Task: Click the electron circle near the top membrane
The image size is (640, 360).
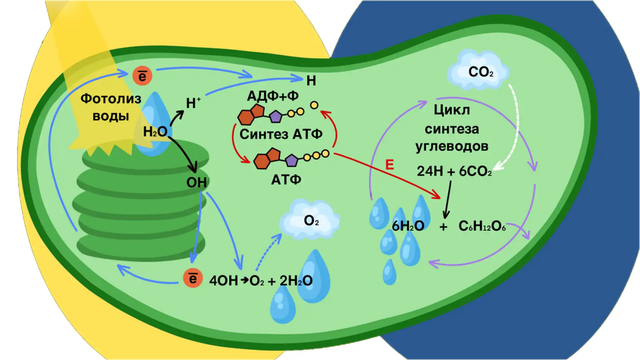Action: tap(142, 76)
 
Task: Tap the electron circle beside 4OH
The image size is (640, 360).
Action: tap(193, 278)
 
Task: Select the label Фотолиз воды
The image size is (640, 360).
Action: tap(111, 107)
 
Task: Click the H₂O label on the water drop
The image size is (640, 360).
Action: tap(155, 132)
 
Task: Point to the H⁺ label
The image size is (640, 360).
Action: tap(194, 103)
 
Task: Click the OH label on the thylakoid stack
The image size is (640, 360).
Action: tap(197, 182)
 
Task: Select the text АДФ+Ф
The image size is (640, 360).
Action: tap(273, 96)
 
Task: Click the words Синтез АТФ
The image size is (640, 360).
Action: tap(281, 134)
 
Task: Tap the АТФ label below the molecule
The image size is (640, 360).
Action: tap(286, 180)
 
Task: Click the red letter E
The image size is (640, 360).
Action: tap(390, 165)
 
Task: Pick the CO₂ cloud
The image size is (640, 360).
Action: tap(478, 70)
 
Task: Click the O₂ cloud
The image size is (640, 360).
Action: tap(310, 219)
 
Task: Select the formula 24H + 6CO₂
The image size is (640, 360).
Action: tap(454, 171)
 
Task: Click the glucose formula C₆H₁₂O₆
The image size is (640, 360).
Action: tap(482, 226)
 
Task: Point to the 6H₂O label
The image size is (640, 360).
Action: tap(408, 226)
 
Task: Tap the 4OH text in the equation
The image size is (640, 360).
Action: tap(223, 281)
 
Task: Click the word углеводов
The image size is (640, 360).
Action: tap(452, 147)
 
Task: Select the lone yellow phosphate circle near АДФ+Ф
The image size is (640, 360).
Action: tap(314, 105)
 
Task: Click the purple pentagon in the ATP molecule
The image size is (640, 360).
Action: tap(291, 161)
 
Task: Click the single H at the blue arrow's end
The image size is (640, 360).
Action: tap(311, 81)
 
